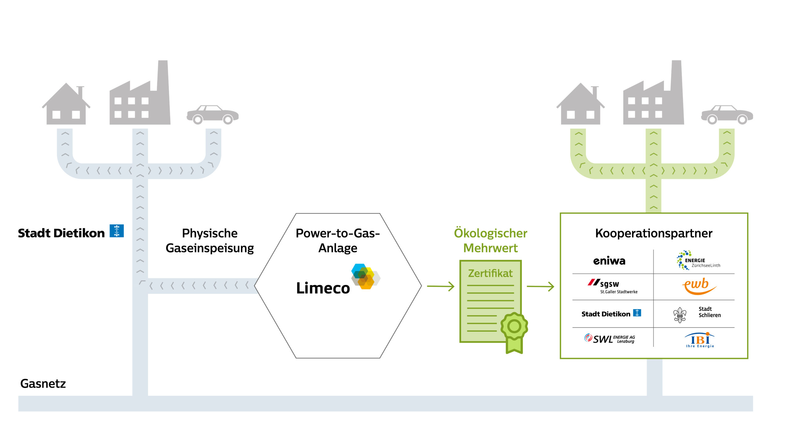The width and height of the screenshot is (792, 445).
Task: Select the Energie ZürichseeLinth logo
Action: coord(698,261)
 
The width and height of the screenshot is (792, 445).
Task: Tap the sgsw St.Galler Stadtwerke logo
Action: coord(613,286)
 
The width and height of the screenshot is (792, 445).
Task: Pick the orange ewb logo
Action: coord(698,286)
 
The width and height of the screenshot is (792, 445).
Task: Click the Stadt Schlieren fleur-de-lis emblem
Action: coord(680,315)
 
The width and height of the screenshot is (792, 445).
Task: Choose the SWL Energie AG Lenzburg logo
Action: coord(609,339)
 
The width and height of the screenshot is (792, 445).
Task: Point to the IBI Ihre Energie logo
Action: coord(700,340)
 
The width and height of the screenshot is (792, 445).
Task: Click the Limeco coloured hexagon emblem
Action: coord(365,276)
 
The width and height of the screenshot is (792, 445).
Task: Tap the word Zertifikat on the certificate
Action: coord(490,273)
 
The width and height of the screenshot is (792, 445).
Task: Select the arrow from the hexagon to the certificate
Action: coord(441,286)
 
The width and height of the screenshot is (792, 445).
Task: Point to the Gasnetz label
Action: coord(43,384)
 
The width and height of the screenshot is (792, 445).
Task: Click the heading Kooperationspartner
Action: coord(653,233)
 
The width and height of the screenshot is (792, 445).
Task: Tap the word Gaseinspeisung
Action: coord(210,248)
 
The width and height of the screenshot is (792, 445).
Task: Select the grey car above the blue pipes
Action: coord(213,115)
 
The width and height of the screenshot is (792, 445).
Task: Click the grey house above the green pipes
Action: coord(581,105)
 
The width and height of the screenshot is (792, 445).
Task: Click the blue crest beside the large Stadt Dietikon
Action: coord(117,231)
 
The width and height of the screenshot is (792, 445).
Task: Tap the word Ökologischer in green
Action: coord(490,233)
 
